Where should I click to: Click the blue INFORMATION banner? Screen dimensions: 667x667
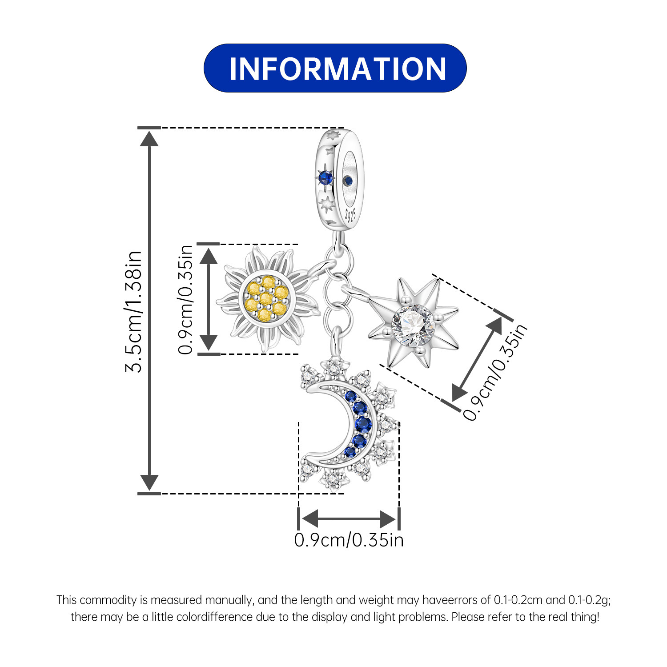point(335,68)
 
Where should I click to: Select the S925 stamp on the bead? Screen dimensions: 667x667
point(351,215)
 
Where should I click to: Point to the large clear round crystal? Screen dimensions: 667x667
point(413,325)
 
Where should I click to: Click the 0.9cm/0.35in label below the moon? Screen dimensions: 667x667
point(349,540)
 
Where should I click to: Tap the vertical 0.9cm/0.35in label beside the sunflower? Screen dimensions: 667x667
point(186,299)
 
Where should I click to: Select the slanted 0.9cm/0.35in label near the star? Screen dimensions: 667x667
point(495,372)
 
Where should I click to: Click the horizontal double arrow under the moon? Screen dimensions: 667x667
point(349,518)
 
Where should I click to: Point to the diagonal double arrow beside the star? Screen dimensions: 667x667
point(477,360)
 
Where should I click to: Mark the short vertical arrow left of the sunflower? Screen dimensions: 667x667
point(208,299)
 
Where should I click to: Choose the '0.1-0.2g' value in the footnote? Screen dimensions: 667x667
point(590,600)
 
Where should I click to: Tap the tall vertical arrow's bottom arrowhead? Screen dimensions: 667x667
point(149,482)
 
